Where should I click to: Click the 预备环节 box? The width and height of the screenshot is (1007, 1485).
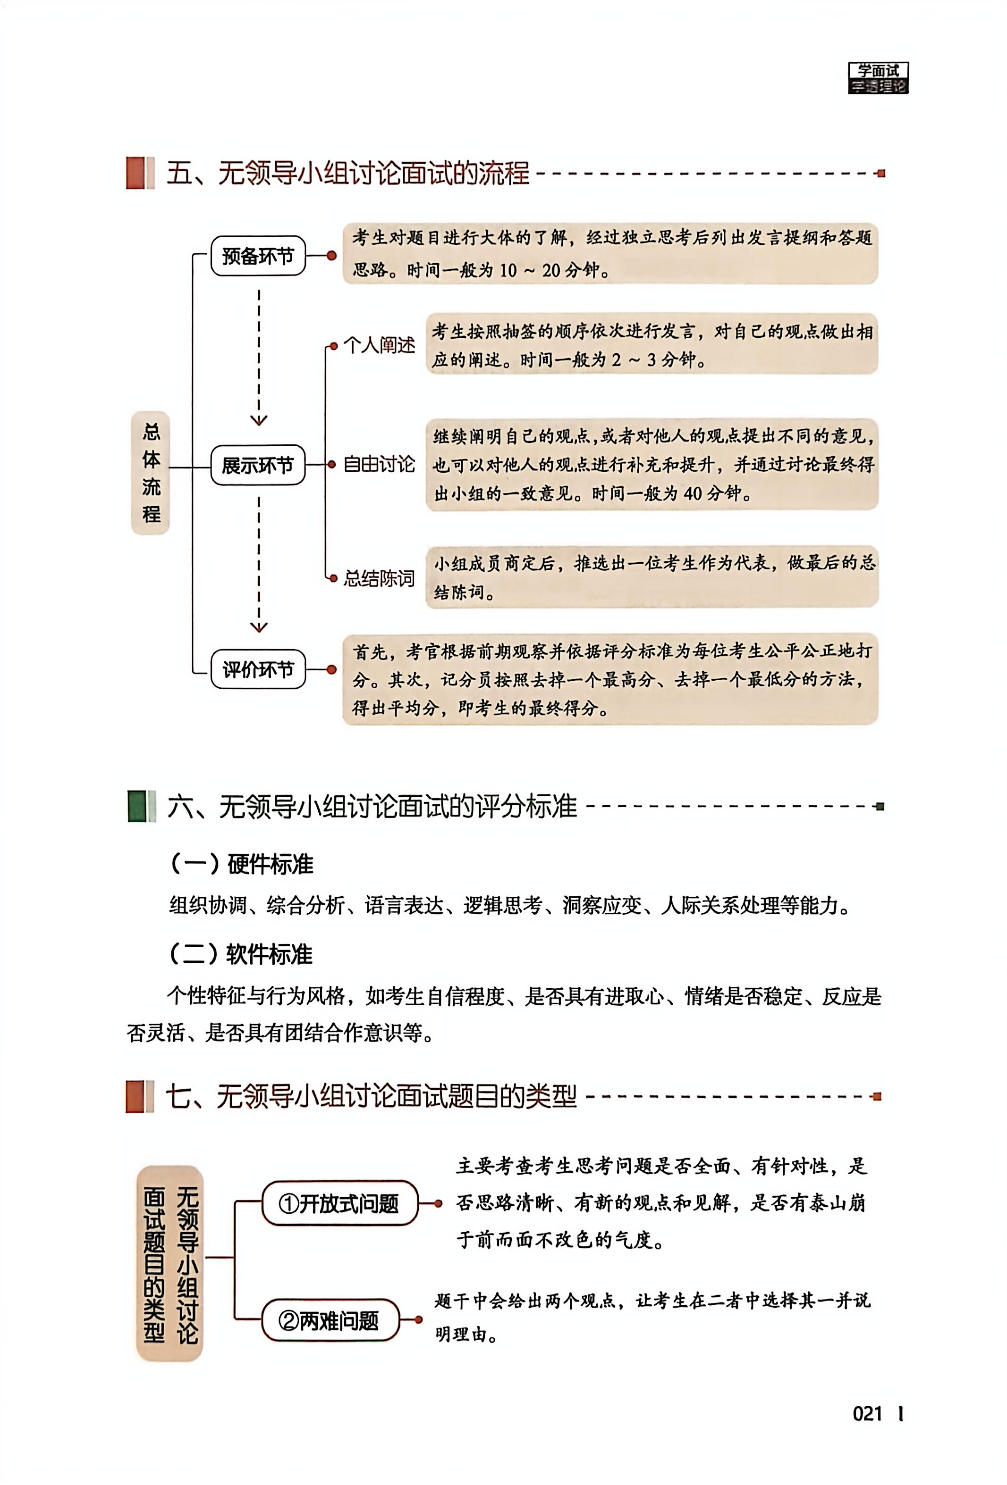(258, 256)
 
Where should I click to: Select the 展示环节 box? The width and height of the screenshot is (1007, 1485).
(258, 465)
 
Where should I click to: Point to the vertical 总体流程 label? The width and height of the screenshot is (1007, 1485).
(151, 473)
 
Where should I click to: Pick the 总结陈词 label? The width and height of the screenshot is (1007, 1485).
(379, 578)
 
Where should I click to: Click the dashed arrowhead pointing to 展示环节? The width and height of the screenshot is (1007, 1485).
(258, 420)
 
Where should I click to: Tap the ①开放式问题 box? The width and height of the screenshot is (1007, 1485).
(339, 1203)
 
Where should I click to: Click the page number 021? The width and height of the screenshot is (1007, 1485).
(868, 1414)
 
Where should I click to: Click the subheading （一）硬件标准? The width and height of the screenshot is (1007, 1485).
(242, 864)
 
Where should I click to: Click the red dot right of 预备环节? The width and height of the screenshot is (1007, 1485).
(331, 256)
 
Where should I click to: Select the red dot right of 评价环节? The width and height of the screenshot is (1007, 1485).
(331, 670)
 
